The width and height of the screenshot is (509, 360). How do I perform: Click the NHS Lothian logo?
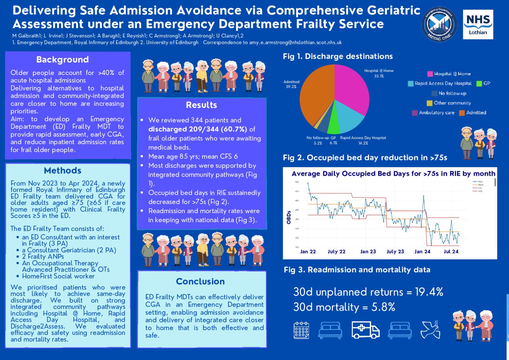[478, 24]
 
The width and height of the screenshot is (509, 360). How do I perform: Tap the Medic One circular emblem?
[439, 24]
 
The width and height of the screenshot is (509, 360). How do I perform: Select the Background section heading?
[63, 59]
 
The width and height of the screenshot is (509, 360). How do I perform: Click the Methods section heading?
[63, 171]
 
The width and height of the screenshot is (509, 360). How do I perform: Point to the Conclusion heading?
[200, 281]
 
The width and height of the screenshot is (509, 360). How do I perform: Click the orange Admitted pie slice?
[316, 97]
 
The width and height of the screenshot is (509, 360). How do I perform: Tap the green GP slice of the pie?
[334, 124]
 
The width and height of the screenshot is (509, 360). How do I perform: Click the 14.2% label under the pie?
[363, 143]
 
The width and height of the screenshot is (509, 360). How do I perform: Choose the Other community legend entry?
[449, 103]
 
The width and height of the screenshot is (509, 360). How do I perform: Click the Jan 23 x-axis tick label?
[368, 252]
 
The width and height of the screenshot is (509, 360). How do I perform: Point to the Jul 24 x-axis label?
[451, 252]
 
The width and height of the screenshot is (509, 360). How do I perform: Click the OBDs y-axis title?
[289, 217]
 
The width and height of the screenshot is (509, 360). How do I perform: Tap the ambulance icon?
[365, 330]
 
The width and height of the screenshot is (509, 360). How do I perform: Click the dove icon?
[430, 330]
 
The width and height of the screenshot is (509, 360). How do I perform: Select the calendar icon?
[301, 330]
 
